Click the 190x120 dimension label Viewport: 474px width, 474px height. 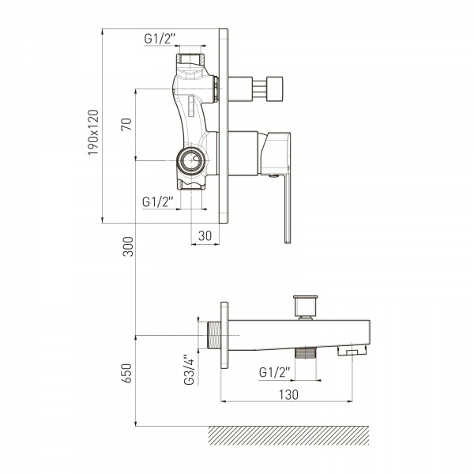click(x=93, y=133)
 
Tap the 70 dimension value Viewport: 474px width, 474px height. click(x=126, y=124)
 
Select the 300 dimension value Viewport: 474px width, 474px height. click(x=128, y=246)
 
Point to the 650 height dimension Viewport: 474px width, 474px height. click(x=128, y=374)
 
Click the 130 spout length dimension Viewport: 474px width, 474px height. click(x=288, y=394)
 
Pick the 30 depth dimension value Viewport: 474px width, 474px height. click(x=205, y=235)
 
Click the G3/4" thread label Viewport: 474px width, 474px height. click(x=189, y=370)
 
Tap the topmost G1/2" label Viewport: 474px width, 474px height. click(x=160, y=39)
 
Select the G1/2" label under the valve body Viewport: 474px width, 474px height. click(x=158, y=201)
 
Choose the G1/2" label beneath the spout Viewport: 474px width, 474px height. click(x=274, y=372)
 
